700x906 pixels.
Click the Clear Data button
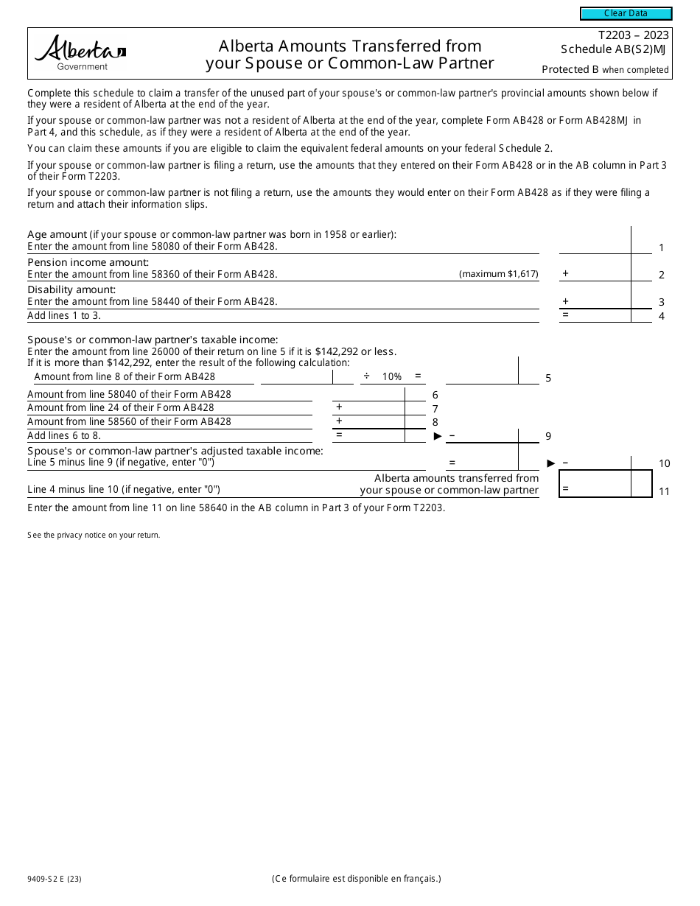(x=626, y=13)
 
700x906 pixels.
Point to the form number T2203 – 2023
(x=633, y=35)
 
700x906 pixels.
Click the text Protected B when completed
(x=605, y=70)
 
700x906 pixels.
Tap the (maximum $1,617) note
(x=499, y=274)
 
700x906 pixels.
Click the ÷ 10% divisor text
(x=382, y=376)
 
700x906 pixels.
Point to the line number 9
(x=548, y=436)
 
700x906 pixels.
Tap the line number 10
(x=664, y=463)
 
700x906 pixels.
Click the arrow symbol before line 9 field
(x=438, y=436)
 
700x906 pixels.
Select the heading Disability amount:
(x=71, y=289)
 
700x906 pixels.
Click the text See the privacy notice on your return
(x=94, y=535)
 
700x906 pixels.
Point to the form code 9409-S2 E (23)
(x=55, y=878)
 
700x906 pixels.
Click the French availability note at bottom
(x=356, y=878)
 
